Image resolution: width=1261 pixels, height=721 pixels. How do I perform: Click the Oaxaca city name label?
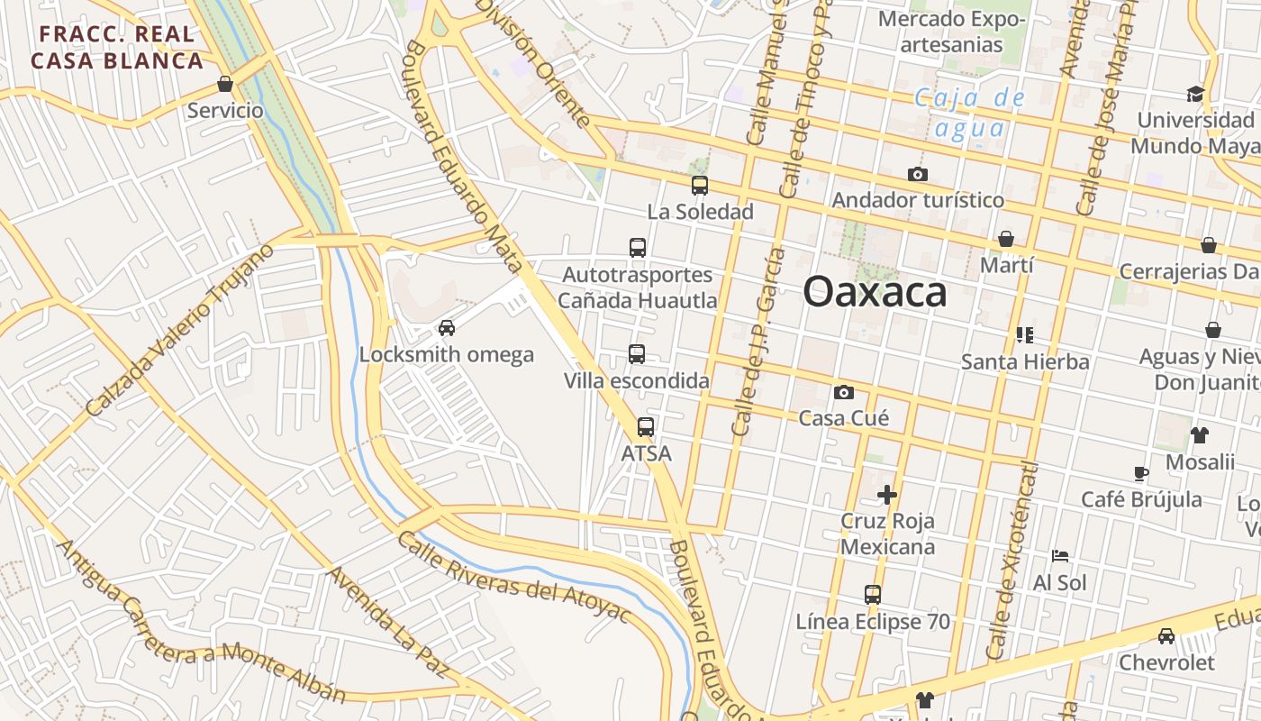coord(875,292)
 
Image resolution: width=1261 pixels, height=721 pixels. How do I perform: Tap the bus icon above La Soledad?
coord(700,186)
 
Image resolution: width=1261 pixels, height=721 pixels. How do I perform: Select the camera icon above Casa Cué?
coord(844,392)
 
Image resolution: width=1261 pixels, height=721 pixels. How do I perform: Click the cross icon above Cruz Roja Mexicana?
coord(887,494)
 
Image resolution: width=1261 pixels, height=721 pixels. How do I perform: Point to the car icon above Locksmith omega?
coord(446,328)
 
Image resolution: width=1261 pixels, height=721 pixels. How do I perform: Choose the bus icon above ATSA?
coord(646,427)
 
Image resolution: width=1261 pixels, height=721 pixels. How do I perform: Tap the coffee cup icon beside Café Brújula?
coord(1141,473)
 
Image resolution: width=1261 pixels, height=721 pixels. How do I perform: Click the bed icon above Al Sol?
coord(1060,556)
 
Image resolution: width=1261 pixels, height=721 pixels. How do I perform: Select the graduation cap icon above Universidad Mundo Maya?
coord(1195,94)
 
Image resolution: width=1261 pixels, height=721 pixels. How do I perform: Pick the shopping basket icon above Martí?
coord(1006,239)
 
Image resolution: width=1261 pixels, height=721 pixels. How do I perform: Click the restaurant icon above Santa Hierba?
coord(1024,335)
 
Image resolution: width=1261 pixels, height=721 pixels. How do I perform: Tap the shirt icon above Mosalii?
coord(1199,435)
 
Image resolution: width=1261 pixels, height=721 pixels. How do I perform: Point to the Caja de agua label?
coord(969,113)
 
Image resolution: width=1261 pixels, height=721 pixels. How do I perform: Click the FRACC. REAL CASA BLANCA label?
coord(117,48)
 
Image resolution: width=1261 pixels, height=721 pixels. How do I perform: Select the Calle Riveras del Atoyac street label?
coord(513,578)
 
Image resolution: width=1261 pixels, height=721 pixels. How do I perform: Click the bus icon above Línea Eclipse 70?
coord(872,595)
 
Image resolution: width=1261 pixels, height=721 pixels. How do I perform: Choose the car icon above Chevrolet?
coord(1166,636)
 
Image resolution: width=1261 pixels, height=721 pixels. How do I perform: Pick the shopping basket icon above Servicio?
coord(225,85)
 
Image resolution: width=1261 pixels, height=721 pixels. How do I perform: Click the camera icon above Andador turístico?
coord(918,174)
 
